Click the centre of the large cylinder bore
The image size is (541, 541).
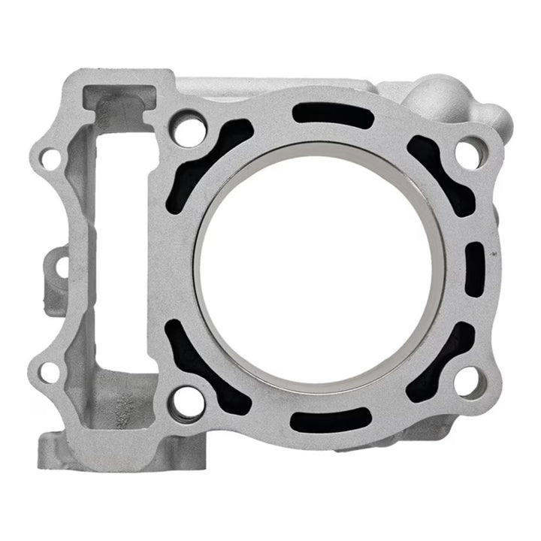(x=319, y=265)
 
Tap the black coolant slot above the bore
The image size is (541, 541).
(x=332, y=115)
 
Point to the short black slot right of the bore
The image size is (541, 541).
(x=476, y=267)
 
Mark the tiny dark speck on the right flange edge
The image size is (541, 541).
(x=494, y=256)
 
